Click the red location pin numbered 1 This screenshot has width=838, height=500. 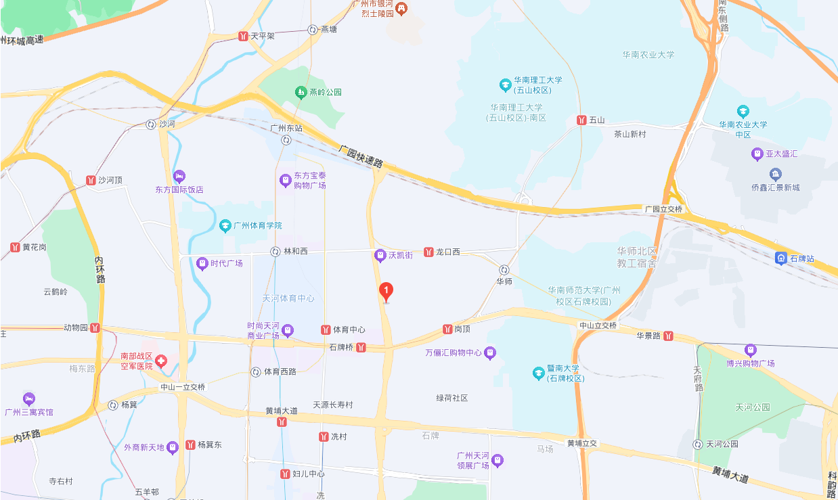[386, 292]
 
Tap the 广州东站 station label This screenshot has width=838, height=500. [286, 128]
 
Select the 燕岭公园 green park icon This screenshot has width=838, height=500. [300, 91]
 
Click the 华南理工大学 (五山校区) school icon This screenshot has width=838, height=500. [504, 85]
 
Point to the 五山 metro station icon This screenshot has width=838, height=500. [581, 120]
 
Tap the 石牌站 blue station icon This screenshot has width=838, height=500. [780, 258]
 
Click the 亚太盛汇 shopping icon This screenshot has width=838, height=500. [757, 154]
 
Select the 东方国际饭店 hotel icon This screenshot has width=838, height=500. [179, 177]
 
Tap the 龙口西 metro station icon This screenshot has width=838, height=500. [429, 252]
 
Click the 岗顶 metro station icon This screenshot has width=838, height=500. [447, 329]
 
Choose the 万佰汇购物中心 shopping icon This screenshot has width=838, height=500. [490, 353]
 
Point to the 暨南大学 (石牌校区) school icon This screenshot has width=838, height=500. [538, 372]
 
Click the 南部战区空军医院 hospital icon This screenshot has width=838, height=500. [161, 361]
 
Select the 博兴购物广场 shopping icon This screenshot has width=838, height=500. [750, 350]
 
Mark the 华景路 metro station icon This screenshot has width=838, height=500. [668, 335]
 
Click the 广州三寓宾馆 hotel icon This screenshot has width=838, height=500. [28, 399]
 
